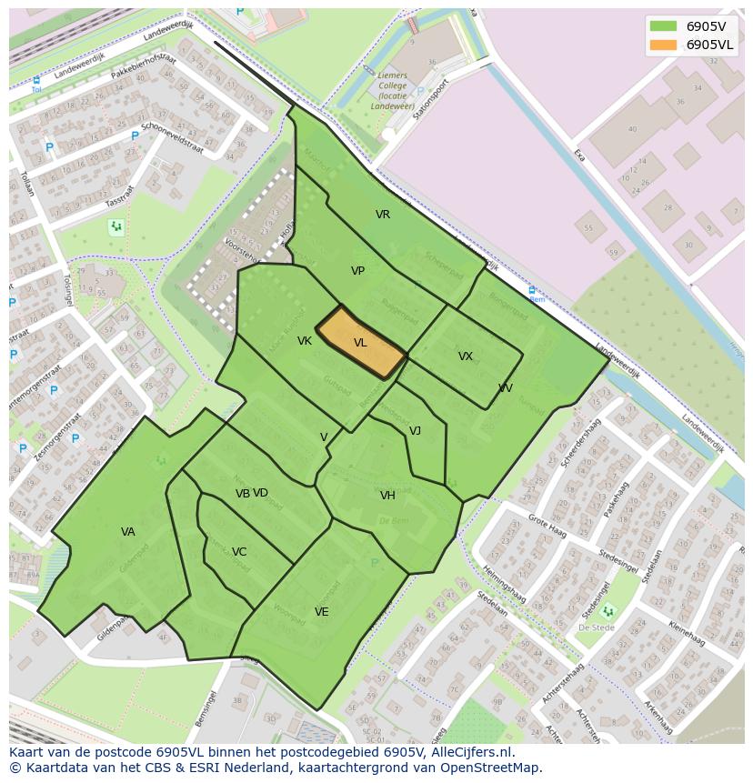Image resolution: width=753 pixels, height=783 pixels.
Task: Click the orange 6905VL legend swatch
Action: click(664, 45)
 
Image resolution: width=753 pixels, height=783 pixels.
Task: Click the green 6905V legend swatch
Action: click(664, 26)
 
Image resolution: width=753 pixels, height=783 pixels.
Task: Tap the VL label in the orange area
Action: click(360, 343)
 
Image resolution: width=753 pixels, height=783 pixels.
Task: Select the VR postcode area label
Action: click(383, 215)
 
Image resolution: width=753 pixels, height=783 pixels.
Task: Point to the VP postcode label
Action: click(357, 271)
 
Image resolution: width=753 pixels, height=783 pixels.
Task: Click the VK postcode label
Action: click(304, 341)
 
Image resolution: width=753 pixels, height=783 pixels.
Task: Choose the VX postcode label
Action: click(465, 356)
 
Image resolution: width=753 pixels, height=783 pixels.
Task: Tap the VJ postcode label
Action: click(415, 431)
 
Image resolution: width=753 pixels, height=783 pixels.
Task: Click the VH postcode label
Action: click(387, 496)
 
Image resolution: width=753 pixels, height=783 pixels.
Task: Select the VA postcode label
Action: click(127, 532)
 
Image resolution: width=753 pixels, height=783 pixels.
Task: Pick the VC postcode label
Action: click(238, 552)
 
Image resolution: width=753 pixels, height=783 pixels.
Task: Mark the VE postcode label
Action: click(321, 612)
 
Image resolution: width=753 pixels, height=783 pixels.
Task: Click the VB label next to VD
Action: click(242, 494)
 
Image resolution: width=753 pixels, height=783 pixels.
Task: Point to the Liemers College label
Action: click(394, 90)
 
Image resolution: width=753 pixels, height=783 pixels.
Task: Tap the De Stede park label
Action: click(597, 627)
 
